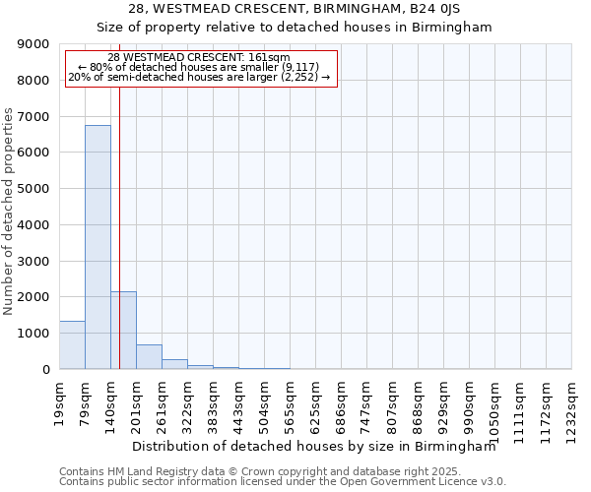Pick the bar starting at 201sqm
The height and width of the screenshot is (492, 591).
149,357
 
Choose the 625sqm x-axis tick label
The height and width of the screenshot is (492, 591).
315,403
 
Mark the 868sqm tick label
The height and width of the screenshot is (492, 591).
418,403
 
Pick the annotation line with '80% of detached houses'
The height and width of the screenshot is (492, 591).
201,67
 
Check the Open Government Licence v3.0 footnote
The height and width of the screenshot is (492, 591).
282,482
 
